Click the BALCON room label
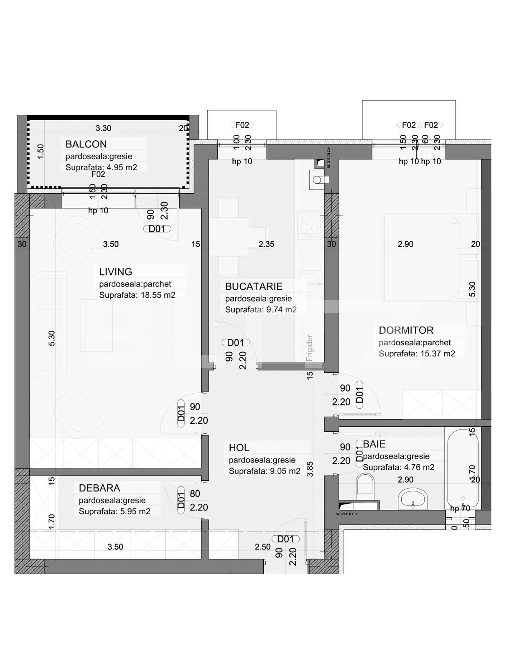[86, 144]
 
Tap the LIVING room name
[116, 272]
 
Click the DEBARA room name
[99, 488]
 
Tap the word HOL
[239, 448]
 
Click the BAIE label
[374, 444]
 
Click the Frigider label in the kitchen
[310, 348]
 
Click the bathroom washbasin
[413, 499]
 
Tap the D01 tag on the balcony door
[157, 229]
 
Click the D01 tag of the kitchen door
[236, 342]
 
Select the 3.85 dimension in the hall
[310, 469]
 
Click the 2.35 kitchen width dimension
[266, 244]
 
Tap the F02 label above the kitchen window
[242, 125]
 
